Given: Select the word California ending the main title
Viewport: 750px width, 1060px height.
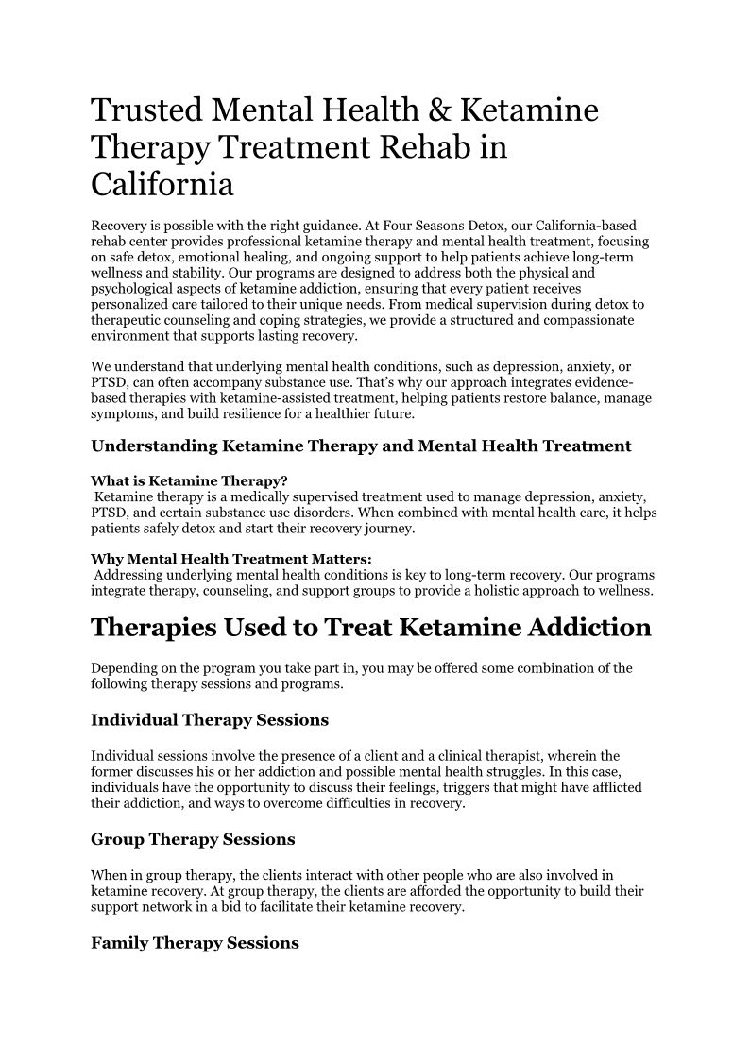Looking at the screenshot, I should (162, 183).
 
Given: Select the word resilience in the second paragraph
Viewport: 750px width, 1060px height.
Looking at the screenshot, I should (244, 414).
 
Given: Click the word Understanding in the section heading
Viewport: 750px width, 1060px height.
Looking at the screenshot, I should (154, 446).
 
